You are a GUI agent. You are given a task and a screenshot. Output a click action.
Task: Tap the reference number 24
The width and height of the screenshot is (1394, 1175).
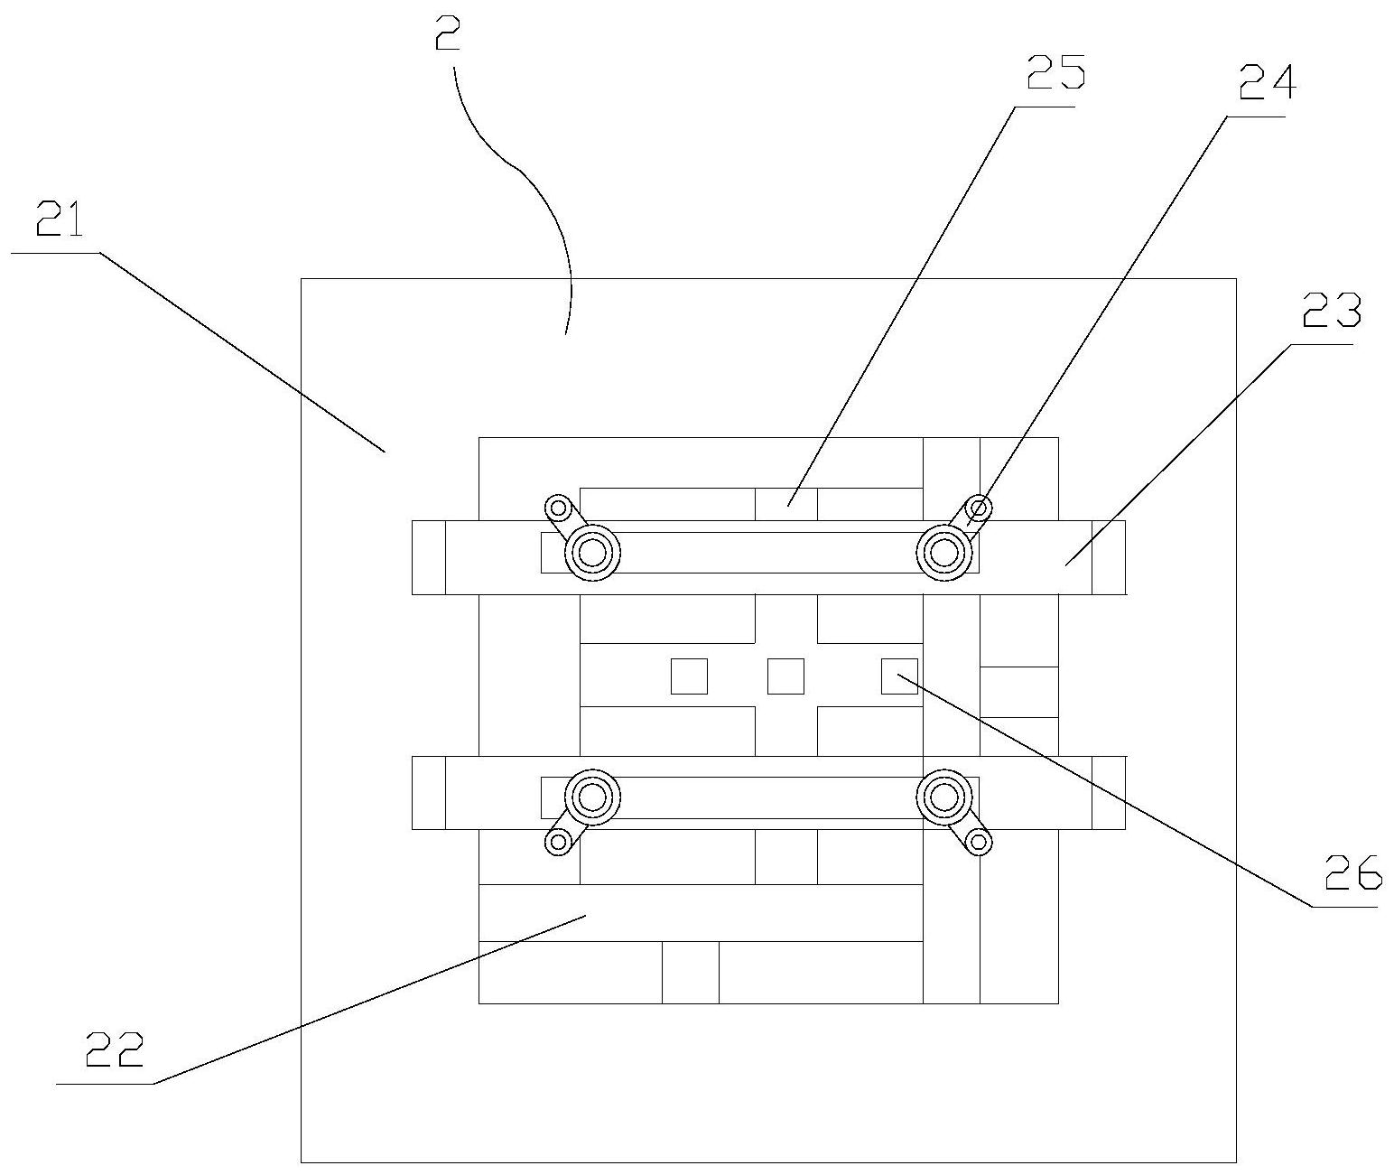point(1267,84)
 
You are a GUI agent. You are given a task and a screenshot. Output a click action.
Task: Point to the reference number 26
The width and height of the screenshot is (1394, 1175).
point(1352,874)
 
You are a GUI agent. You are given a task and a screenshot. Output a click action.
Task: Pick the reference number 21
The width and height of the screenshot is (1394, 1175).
point(60,220)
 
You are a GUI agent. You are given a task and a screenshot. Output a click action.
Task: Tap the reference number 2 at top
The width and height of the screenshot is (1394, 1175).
point(449,36)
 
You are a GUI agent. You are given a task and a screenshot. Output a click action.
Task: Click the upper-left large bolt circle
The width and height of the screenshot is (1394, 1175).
point(592,552)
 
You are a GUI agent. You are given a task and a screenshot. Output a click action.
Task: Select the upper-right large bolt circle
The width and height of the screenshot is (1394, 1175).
point(943,551)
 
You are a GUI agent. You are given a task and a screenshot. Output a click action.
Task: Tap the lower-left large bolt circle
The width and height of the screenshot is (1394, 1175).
point(592,797)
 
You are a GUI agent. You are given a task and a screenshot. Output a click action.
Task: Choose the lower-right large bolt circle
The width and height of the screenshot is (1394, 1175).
point(943,797)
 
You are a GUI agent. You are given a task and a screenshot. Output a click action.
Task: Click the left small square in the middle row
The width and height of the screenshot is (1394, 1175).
point(689,676)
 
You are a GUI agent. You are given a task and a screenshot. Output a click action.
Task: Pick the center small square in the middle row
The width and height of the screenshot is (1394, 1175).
point(785,676)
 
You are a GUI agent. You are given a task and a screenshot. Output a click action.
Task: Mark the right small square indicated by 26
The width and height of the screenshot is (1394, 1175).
point(899,676)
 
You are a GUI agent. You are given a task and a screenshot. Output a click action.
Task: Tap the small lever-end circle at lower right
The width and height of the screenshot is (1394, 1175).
point(977,843)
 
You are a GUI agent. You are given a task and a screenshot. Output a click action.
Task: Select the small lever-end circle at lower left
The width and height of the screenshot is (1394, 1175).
point(558,843)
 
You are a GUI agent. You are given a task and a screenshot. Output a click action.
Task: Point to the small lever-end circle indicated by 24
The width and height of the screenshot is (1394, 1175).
point(978,507)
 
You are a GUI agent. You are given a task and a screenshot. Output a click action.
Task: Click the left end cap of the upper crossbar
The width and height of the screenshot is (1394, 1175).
point(429,557)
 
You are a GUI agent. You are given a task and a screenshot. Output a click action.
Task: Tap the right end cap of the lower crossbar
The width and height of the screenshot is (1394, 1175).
point(1109,792)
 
